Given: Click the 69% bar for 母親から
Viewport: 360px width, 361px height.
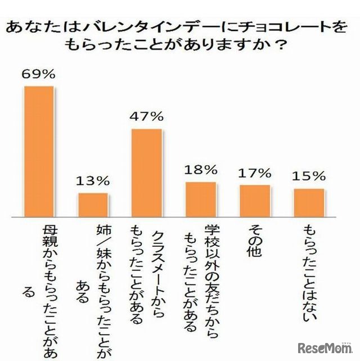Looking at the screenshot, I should click(38, 152).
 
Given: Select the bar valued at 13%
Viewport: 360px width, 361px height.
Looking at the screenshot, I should click(93, 205).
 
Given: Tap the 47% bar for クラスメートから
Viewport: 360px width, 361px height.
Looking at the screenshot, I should click(147, 173).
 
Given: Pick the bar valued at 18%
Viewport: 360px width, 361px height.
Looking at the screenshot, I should click(201, 200).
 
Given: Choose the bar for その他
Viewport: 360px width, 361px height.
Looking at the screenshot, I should click(255, 201).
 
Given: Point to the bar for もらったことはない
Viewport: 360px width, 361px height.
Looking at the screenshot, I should click(309, 202).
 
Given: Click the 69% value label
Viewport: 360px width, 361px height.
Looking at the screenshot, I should click(38, 74).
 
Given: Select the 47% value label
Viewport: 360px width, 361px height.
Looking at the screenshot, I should click(147, 116).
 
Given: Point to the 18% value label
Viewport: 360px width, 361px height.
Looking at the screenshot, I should click(201, 169).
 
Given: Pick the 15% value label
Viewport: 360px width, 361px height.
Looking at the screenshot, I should click(309, 176).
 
